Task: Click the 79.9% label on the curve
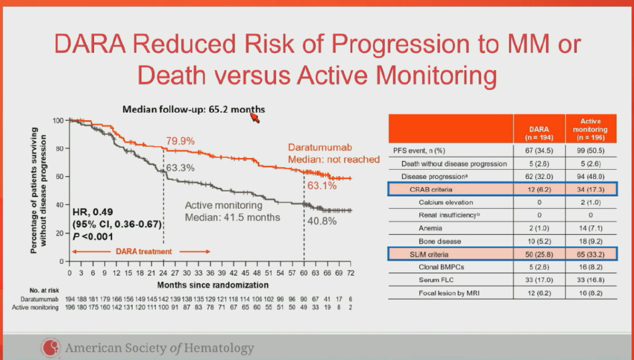(x=180, y=141)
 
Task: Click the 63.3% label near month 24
(x=180, y=168)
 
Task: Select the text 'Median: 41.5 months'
(x=233, y=217)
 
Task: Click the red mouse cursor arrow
(x=254, y=116)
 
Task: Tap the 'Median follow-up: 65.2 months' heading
(x=193, y=110)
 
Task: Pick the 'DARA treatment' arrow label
(x=143, y=252)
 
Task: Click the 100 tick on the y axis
(x=58, y=120)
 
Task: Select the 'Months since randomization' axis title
(x=212, y=285)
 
